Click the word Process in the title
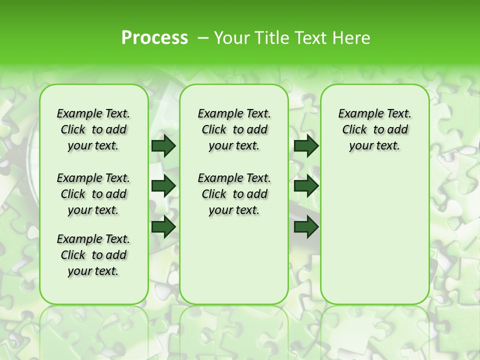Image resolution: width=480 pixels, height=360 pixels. (154, 37)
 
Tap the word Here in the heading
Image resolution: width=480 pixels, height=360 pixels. (352, 37)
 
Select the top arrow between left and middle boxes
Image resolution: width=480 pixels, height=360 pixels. (163, 146)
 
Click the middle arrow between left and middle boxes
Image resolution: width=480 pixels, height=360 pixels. (163, 186)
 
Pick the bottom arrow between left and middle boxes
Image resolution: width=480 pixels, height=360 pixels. (163, 226)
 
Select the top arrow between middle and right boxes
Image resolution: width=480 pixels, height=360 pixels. (306, 146)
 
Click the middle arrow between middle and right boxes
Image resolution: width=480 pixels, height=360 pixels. (306, 186)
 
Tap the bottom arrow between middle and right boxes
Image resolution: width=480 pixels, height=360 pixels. (306, 226)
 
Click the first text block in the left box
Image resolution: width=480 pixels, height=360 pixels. (93, 129)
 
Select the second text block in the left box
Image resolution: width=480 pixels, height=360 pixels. (93, 194)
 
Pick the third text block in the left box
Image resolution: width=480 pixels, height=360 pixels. (93, 255)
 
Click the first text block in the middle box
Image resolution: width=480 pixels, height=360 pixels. (234, 129)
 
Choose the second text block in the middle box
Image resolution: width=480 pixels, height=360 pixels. (234, 194)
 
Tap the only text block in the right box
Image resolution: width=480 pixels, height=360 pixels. (375, 129)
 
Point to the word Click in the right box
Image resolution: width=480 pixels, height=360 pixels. (354, 130)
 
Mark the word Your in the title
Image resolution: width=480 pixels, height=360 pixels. (230, 37)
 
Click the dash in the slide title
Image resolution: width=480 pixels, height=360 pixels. (203, 37)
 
